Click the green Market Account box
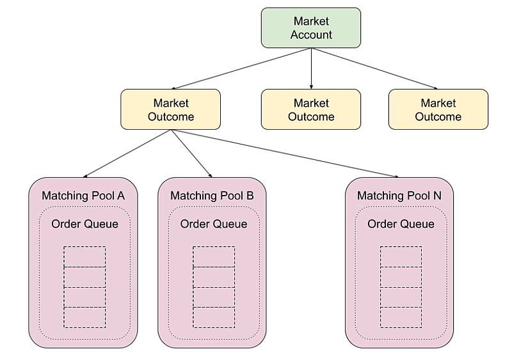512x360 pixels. pos(311,27)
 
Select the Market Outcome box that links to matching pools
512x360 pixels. pos(170,109)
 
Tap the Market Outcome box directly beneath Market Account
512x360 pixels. pos(311,109)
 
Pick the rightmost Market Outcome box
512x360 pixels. pos(438,109)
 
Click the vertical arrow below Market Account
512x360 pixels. pos(311,68)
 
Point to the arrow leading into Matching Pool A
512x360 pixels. pos(127,153)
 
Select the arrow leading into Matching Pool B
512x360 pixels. pos(191,153)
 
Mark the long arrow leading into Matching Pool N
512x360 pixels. pos(285,153)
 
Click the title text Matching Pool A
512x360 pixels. pos(83,196)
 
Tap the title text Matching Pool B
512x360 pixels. pos(212,196)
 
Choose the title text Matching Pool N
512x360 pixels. pos(399,196)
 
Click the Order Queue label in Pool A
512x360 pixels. pos(84,224)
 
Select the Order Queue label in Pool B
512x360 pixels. pos(214,224)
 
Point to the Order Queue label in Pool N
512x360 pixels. pos(401,224)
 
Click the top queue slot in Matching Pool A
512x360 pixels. pos(84,256)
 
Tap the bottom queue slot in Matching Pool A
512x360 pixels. pos(84,318)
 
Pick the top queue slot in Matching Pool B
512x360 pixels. pos(214,256)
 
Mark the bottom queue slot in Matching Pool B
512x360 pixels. pos(214,318)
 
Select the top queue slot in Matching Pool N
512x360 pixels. pos(401,256)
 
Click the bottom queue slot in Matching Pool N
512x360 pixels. pos(401,318)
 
